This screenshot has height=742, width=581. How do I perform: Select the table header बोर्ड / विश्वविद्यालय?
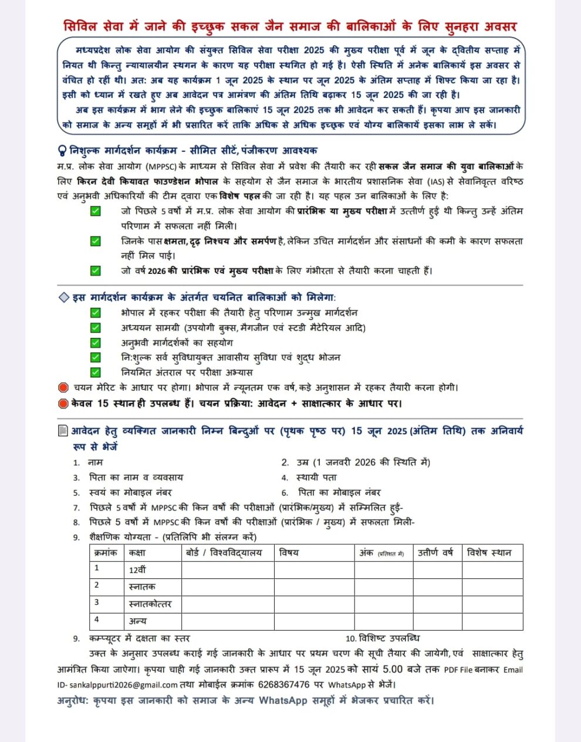click(224, 553)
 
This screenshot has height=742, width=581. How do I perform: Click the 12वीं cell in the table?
click(137, 570)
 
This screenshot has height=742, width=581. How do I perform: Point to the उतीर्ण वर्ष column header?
click(435, 553)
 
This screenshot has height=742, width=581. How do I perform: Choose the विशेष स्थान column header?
click(489, 553)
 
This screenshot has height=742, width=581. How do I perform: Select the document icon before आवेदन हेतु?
click(63, 431)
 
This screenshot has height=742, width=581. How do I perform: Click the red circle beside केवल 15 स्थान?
click(63, 404)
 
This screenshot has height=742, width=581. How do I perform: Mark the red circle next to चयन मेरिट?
click(63, 388)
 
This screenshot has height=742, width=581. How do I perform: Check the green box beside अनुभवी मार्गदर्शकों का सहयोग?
click(95, 343)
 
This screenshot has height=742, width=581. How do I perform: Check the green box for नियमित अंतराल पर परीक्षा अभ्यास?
click(95, 372)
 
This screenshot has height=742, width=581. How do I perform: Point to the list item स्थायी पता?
click(316, 477)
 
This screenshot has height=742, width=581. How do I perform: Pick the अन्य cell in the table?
click(137, 621)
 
